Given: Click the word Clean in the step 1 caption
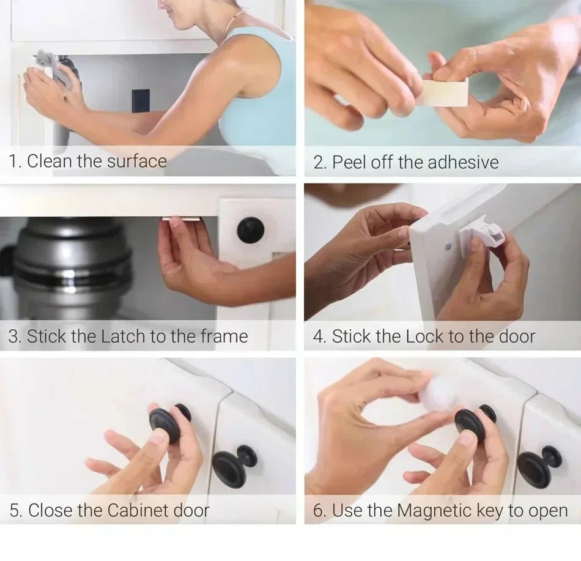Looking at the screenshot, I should pyautogui.click(x=50, y=162).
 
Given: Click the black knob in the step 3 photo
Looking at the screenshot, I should pyautogui.click(x=251, y=230).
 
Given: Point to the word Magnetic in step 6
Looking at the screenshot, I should pyautogui.click(x=436, y=510).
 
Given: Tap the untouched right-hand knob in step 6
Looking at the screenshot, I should pyautogui.click(x=538, y=464).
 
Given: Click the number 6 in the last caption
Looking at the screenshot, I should pyautogui.click(x=318, y=510).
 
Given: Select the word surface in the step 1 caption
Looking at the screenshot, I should pyautogui.click(x=136, y=162).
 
